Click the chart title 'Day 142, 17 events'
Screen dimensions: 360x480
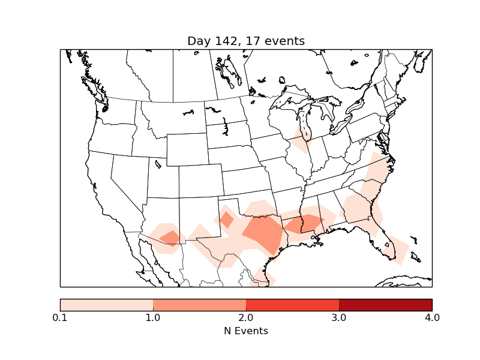pos(246,41)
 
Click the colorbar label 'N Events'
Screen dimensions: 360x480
pos(246,331)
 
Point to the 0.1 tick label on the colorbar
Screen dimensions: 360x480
pos(60,317)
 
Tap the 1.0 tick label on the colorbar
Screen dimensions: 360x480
pos(153,317)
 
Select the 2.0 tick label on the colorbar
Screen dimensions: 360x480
pos(246,317)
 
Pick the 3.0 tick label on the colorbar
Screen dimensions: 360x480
pos(339,317)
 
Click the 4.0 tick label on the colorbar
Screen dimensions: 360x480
pos(432,317)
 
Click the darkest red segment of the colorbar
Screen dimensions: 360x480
pos(385,305)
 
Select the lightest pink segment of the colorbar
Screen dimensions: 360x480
pos(106,305)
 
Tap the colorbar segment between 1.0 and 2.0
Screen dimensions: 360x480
pos(199,305)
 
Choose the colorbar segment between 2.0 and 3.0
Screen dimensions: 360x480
pos(292,305)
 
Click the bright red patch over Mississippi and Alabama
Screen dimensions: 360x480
pos(304,224)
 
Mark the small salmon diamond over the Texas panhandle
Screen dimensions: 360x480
pos(227,219)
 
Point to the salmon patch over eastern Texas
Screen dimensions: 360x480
pos(265,232)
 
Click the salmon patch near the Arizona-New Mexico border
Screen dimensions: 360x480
pos(170,238)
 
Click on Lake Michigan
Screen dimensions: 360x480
pos(305,123)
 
